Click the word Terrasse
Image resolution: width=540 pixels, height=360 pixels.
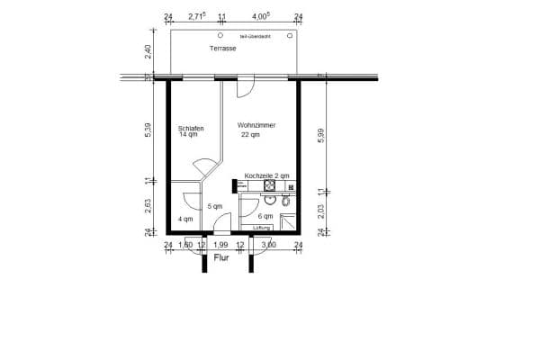(x=222, y=48)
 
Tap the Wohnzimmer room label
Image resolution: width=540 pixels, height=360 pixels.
(x=256, y=125)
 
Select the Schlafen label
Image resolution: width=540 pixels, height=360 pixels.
(x=191, y=128)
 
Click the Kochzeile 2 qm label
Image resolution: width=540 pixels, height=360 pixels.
(x=266, y=176)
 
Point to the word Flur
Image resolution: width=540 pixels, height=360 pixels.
(x=221, y=258)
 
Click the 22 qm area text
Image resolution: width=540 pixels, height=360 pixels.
(x=249, y=135)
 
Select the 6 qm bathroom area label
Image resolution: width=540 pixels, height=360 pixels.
(x=265, y=217)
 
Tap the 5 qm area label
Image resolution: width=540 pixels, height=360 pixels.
(x=214, y=207)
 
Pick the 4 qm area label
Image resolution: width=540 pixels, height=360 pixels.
(x=184, y=219)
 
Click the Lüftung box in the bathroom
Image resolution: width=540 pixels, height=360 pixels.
(x=263, y=228)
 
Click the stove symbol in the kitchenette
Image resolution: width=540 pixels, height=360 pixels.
(x=269, y=187)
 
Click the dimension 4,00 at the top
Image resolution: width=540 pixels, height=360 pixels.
(x=260, y=16)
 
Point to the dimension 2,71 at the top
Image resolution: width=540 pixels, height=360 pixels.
(x=197, y=16)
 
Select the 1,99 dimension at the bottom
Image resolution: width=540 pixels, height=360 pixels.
(x=220, y=245)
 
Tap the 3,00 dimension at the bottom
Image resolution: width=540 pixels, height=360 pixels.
(x=269, y=245)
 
